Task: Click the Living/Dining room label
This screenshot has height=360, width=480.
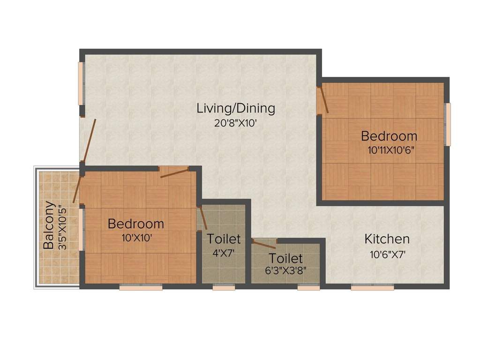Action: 235,108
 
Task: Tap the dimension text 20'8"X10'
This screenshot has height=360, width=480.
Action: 235,124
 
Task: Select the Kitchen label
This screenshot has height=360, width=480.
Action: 387,239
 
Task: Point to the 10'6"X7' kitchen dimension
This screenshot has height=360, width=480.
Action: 387,255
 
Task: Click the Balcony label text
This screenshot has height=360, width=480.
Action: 48,225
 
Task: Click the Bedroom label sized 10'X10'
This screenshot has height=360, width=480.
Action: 136,224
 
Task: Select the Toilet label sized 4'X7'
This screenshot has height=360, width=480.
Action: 224,239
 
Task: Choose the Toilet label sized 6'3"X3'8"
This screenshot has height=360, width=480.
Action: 285,258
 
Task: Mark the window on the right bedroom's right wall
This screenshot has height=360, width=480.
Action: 448,124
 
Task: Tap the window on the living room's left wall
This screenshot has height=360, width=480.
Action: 81,83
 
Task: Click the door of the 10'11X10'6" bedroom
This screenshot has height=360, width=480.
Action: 323,100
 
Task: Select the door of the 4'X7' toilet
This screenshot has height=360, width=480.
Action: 202,218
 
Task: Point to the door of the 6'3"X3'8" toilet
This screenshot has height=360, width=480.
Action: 264,244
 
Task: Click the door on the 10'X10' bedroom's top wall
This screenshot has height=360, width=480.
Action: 174,172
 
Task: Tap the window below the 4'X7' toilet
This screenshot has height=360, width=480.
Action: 224,287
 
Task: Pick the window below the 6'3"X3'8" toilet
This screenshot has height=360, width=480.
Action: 308,287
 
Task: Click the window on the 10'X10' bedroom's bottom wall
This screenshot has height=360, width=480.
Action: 141,287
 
